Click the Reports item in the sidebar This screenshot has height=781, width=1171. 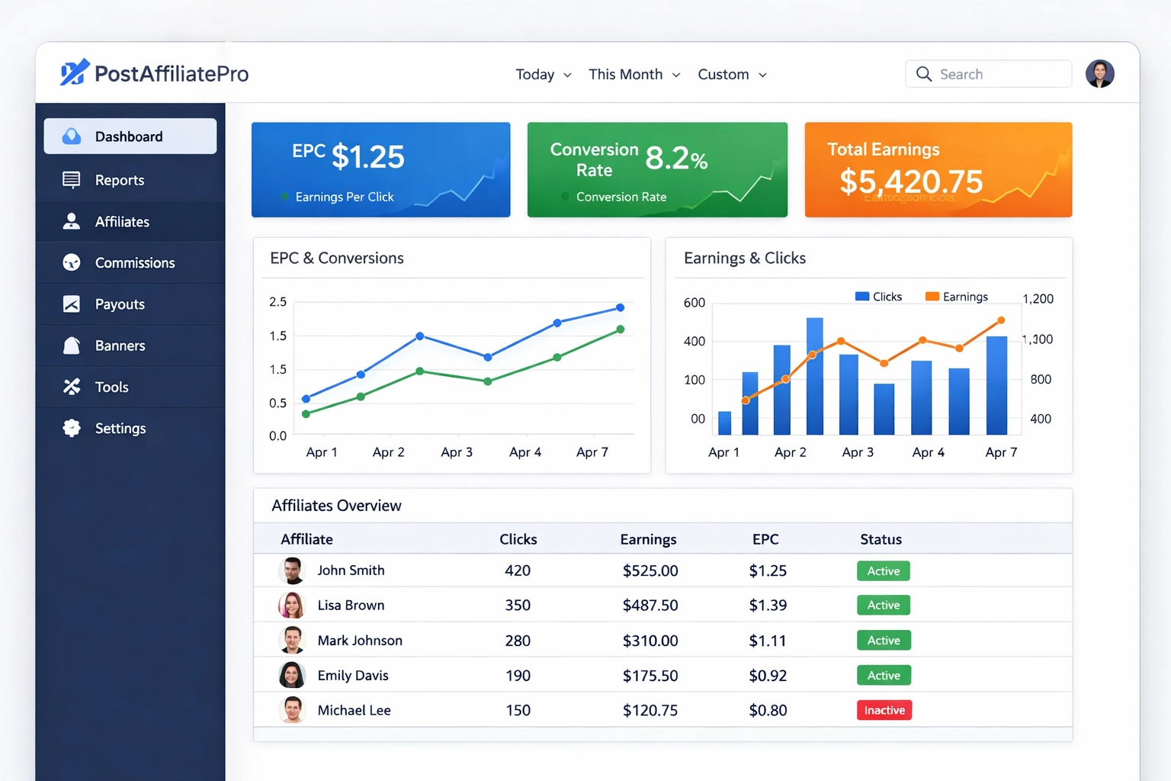click(x=120, y=180)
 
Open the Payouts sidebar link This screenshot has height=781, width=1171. click(x=120, y=304)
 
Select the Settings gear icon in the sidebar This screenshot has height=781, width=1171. click(x=72, y=428)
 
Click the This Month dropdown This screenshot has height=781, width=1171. click(x=634, y=74)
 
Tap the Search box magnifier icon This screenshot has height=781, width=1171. click(x=924, y=74)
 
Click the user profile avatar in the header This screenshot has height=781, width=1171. click(x=1099, y=74)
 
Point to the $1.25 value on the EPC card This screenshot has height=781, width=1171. click(x=368, y=157)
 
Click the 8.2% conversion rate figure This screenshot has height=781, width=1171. click(x=676, y=159)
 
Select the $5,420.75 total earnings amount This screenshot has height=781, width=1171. click(x=911, y=182)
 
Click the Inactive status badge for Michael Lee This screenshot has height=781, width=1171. click(x=884, y=710)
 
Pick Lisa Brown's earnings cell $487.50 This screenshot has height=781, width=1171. click(x=650, y=605)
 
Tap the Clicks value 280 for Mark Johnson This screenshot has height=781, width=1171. click(x=518, y=641)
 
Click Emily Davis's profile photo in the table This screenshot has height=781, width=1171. click(x=292, y=675)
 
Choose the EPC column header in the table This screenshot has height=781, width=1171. click(x=765, y=539)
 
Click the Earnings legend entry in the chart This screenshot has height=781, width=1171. click(x=957, y=297)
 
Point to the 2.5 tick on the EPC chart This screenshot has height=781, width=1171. click(x=278, y=302)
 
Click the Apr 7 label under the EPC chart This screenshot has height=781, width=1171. click(x=592, y=452)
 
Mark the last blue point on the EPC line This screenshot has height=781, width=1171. click(x=620, y=307)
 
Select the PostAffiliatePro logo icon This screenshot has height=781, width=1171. click(x=75, y=72)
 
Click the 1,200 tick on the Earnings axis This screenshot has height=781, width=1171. click(x=1038, y=299)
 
